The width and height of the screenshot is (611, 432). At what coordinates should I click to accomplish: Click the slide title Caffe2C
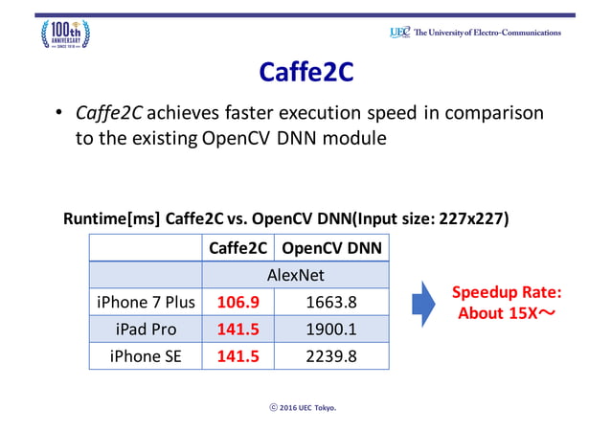pyautogui.click(x=305, y=73)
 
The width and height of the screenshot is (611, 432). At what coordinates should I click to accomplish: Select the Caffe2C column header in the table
pyautogui.click(x=238, y=248)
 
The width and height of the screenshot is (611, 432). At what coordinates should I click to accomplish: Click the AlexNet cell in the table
pyautogui.click(x=294, y=275)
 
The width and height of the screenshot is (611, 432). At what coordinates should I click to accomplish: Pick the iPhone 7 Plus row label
pyautogui.click(x=146, y=302)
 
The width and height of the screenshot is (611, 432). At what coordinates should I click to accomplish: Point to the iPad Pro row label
pyautogui.click(x=146, y=329)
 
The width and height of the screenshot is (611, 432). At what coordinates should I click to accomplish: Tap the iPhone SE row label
pyautogui.click(x=146, y=355)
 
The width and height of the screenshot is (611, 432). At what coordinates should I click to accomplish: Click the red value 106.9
pyautogui.click(x=238, y=302)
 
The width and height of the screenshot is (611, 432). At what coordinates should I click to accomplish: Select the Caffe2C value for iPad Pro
pyautogui.click(x=238, y=329)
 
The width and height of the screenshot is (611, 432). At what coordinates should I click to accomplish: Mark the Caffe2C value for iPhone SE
pyautogui.click(x=238, y=355)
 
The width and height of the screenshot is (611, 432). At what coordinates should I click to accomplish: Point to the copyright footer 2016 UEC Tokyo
pyautogui.click(x=305, y=407)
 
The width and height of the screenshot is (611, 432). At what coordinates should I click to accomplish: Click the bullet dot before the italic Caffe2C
pyautogui.click(x=58, y=115)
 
